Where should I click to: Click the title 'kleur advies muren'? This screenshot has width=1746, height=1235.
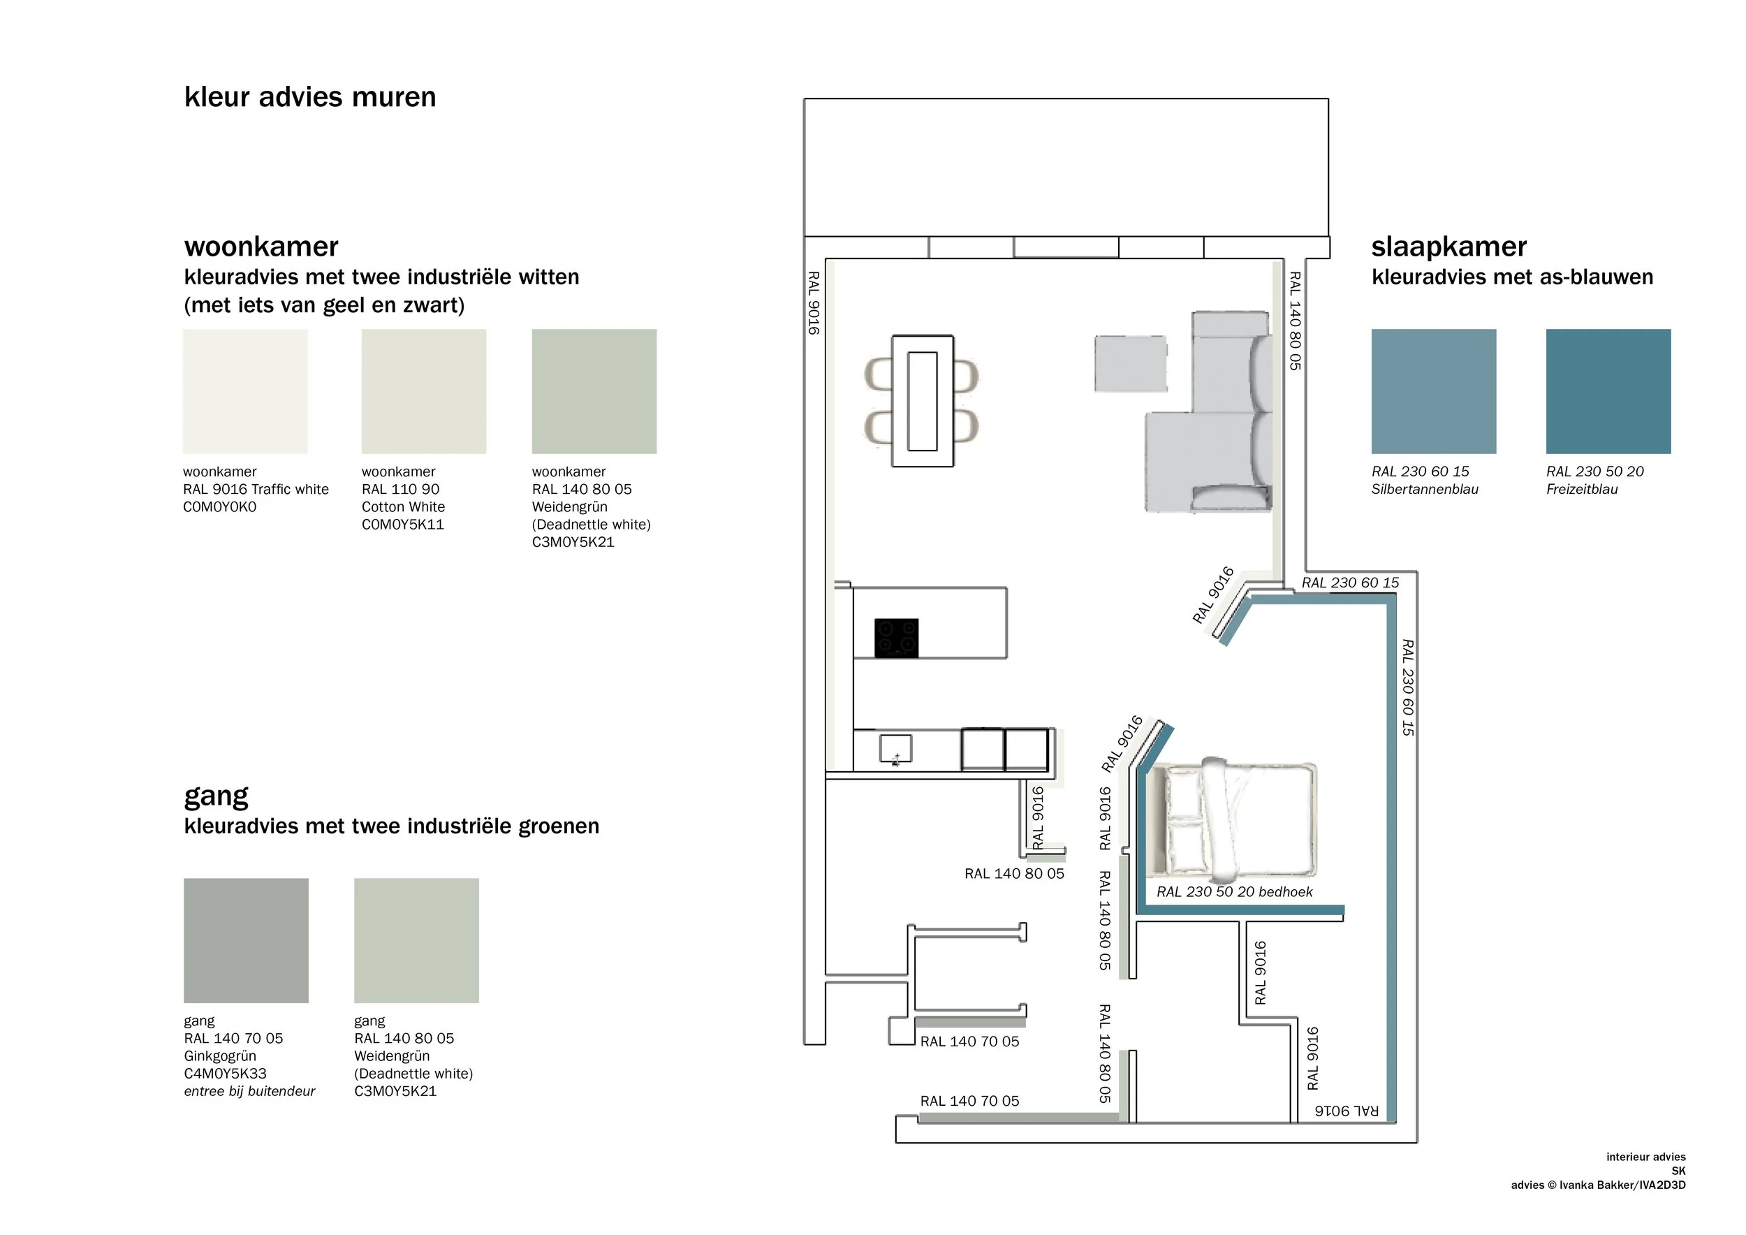[309, 97]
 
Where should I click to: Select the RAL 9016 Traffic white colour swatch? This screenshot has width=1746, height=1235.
[245, 391]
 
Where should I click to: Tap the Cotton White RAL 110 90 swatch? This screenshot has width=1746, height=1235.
[423, 391]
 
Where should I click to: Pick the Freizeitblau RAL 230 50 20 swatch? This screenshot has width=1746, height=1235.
[1608, 391]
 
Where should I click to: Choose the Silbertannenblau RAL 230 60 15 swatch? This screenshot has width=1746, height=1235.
[1433, 391]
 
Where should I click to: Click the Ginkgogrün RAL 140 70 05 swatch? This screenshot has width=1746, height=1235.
[246, 940]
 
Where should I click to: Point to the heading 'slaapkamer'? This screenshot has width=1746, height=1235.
[1448, 247]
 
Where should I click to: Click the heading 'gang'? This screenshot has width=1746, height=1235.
[216, 796]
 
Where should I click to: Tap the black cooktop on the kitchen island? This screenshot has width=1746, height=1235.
[896, 637]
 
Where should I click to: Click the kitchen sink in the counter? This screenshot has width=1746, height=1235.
[895, 748]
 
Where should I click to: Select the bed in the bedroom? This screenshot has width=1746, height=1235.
[1234, 818]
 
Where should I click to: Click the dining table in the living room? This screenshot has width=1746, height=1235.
[922, 401]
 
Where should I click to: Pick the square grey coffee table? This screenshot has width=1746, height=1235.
[1130, 363]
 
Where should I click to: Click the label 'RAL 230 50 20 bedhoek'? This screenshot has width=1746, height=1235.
[1233, 892]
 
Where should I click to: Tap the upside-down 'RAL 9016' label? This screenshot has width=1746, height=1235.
[1346, 1111]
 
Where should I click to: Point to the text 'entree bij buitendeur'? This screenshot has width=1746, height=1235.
[249, 1091]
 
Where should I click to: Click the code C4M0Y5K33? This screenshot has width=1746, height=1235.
[225, 1074]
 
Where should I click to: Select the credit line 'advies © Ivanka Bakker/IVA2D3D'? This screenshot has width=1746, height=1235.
[1598, 1185]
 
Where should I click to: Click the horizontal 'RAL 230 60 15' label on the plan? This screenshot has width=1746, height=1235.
[1350, 583]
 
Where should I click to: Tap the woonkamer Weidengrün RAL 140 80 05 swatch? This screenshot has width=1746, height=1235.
[594, 391]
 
